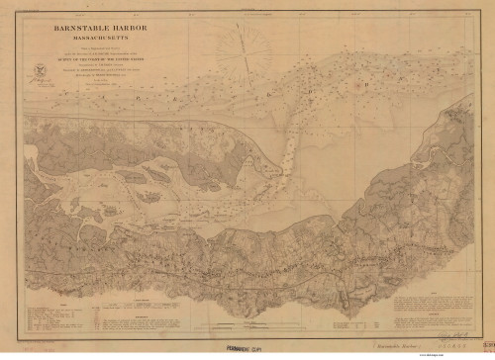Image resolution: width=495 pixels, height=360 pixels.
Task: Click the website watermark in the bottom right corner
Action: [x=473, y=356]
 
